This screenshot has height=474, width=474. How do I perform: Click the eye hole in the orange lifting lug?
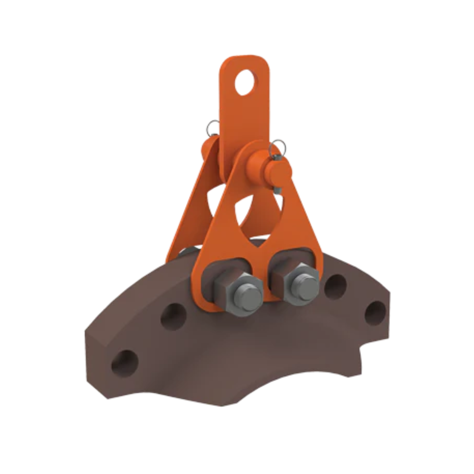click(244, 83)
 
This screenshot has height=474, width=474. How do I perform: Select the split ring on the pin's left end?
click(212, 128)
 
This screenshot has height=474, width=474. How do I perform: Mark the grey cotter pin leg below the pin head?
click(276, 189)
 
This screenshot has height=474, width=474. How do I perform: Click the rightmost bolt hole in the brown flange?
click(376, 313)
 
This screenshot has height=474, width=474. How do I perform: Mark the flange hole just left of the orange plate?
click(173, 316)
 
